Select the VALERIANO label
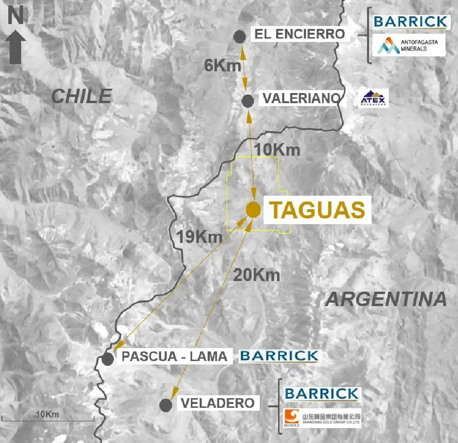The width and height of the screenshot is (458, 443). tap(302, 99)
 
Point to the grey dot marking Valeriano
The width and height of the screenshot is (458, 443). tap(248, 101)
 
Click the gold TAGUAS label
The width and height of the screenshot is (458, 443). tap(317, 210)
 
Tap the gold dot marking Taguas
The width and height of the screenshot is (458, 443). tap(253, 210)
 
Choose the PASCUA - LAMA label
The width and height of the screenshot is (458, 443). tap(174, 357)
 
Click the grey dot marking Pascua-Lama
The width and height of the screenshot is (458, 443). tap(108, 359)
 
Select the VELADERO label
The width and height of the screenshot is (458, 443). tap(217, 403)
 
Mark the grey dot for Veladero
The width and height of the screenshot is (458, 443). tap(166, 405)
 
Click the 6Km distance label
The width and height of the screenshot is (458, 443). tap(222, 66)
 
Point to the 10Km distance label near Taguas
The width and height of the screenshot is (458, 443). tap(277, 150)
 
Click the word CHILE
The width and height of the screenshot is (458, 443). tap(81, 96)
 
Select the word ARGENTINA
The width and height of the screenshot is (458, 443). tap(386, 299)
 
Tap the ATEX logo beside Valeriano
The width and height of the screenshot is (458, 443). tap(374, 98)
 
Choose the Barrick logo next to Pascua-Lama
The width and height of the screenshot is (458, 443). tap(279, 356)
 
